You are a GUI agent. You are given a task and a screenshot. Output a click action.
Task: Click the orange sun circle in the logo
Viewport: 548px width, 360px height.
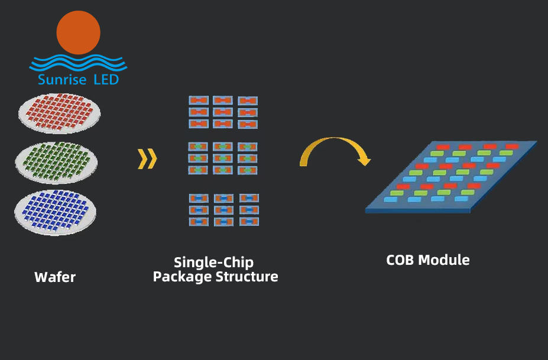(x=79, y=32)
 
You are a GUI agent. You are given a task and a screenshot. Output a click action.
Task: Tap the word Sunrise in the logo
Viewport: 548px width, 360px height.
(x=62, y=80)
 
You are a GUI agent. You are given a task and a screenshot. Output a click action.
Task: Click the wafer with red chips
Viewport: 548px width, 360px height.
(x=59, y=111)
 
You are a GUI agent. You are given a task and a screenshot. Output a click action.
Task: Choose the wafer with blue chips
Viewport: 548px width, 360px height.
(x=56, y=211)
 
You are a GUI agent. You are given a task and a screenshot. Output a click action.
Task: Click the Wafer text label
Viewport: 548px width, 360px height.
(x=55, y=277)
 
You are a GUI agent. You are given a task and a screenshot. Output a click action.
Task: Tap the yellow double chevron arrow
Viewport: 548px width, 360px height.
(x=147, y=159)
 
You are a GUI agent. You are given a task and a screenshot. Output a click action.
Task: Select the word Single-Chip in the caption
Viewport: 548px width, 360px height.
(x=213, y=262)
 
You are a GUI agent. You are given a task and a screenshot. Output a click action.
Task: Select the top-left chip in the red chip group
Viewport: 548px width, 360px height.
(x=199, y=100)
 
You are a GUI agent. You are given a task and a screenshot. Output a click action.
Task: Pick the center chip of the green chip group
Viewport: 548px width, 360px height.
(x=223, y=158)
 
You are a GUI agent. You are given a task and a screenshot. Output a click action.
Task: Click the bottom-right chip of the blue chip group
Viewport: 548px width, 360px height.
(x=249, y=222)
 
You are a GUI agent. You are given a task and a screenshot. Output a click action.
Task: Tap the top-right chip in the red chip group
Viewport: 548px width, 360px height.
(x=248, y=101)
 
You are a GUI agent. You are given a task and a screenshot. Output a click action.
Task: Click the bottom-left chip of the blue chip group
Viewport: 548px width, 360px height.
(x=199, y=222)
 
